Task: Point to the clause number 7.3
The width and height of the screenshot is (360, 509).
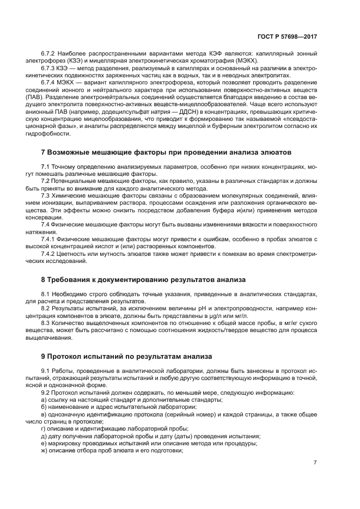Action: click(x=47, y=195)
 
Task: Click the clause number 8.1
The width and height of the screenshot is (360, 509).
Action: click(x=47, y=295)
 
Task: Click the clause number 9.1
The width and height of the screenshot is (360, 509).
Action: click(x=47, y=371)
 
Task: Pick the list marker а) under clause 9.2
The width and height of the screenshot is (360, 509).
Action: click(x=44, y=400)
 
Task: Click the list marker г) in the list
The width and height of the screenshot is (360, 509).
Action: click(x=44, y=428)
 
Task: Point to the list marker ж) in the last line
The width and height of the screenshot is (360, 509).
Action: click(x=45, y=450)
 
